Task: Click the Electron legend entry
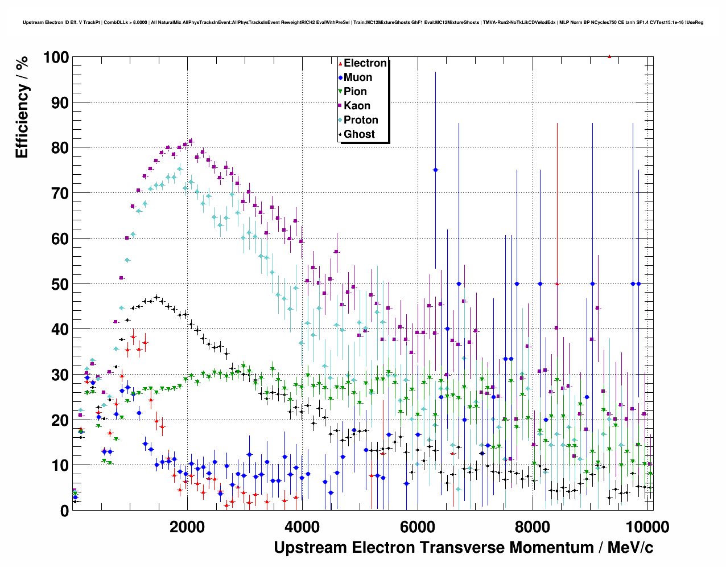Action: [x=365, y=63]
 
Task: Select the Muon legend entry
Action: [x=358, y=77]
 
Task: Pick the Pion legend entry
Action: [x=355, y=92]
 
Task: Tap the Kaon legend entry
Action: [x=357, y=106]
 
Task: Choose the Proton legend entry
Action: [x=361, y=120]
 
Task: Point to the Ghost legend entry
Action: [x=359, y=134]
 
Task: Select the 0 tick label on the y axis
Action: [x=64, y=511]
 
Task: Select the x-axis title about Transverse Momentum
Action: [x=463, y=548]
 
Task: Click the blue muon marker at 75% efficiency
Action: [x=435, y=170]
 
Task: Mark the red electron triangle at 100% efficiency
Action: [x=609, y=56]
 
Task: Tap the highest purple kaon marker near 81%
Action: [x=191, y=141]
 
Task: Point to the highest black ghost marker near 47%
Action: [x=156, y=297]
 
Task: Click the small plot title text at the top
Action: [x=363, y=22]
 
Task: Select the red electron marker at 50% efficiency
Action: [x=557, y=283]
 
